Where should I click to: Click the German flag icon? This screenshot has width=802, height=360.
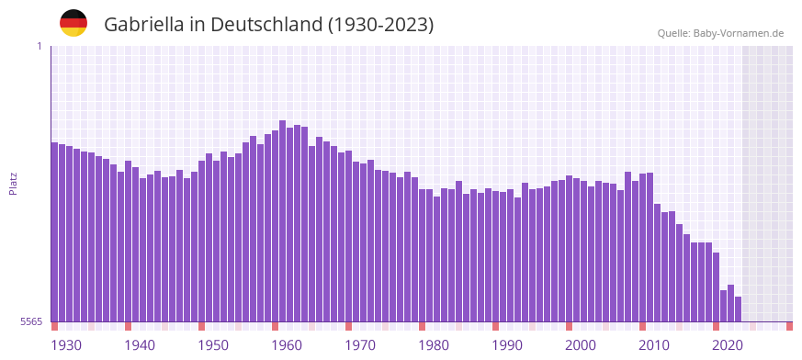tap(73, 23)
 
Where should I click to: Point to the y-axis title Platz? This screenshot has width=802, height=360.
tap(14, 184)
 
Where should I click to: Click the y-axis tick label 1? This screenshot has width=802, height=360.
tap(39, 46)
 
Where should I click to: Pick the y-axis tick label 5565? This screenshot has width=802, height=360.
tap(29, 321)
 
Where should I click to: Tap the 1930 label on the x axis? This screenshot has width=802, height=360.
tap(66, 345)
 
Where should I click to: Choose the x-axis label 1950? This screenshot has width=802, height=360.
tap(213, 345)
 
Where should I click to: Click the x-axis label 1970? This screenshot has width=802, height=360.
tap(360, 345)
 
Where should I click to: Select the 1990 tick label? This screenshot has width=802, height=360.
tap(507, 345)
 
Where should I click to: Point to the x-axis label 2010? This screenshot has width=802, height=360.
tap(654, 345)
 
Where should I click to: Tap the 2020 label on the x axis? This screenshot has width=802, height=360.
tap(728, 345)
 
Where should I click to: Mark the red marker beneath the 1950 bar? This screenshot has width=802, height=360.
tap(202, 326)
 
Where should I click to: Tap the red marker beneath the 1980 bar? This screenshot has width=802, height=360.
tap(423, 326)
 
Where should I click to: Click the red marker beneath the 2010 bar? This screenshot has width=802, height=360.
tap(643, 326)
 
